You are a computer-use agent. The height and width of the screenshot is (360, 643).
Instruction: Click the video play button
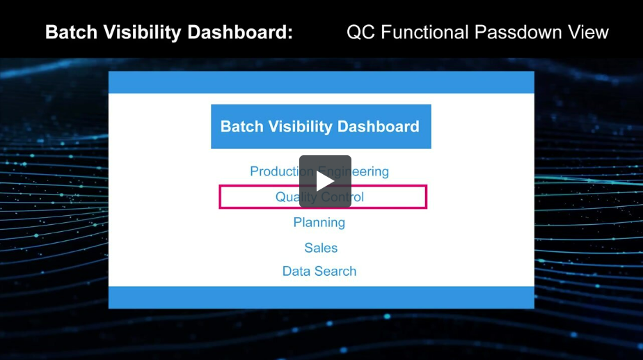pyautogui.click(x=325, y=181)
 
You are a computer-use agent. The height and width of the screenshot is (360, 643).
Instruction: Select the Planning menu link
pyautogui.click(x=319, y=222)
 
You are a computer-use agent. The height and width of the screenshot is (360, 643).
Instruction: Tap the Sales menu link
pyautogui.click(x=321, y=248)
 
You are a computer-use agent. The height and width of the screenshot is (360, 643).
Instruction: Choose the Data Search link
pyautogui.click(x=319, y=272)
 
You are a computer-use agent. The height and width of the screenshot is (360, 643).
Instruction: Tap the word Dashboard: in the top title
pyautogui.click(x=237, y=32)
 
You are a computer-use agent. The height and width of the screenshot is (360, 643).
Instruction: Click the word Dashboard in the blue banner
pyautogui.click(x=379, y=127)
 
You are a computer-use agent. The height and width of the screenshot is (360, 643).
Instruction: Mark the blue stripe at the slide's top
pyautogui.click(x=321, y=82)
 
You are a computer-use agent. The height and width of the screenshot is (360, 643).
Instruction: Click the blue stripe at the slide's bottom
pyautogui.click(x=321, y=297)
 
